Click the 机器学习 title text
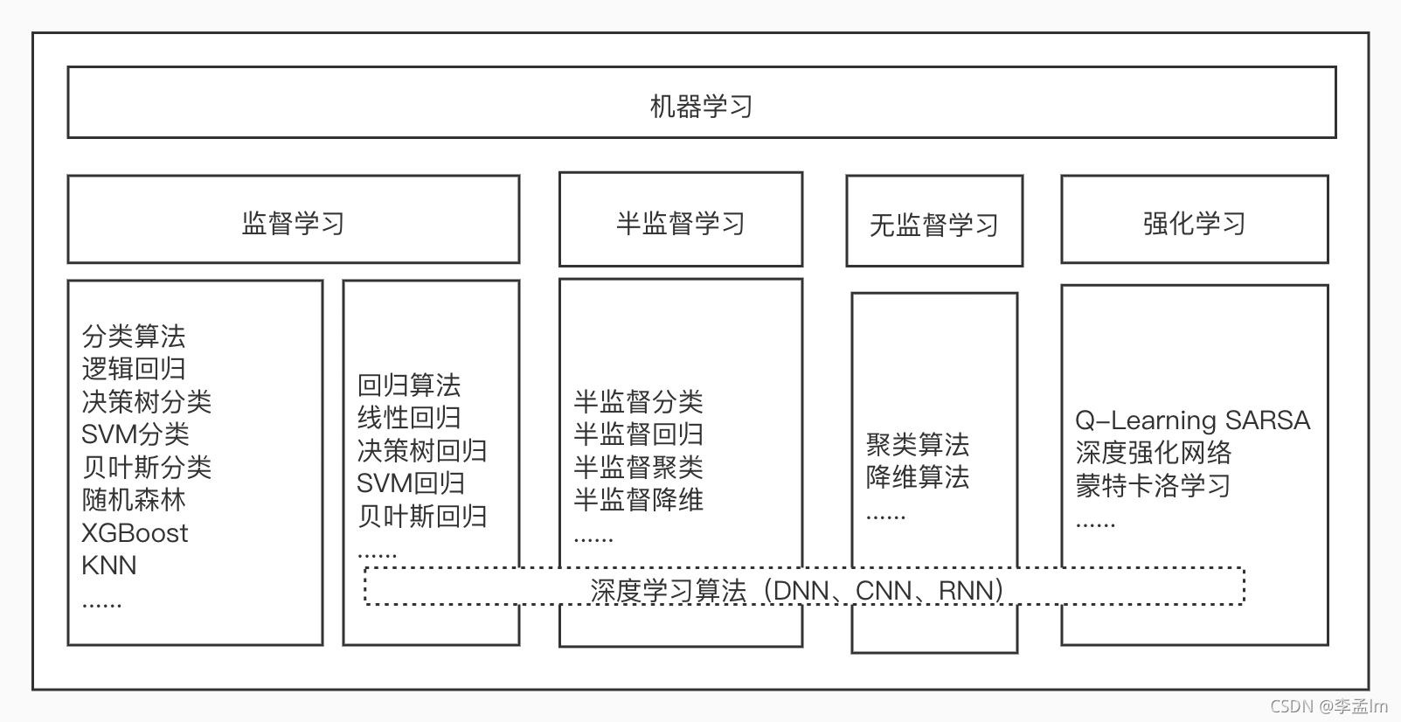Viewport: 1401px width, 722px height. click(701, 107)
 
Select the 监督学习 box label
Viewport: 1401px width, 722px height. click(293, 223)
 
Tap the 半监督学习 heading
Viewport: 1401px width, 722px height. click(680, 223)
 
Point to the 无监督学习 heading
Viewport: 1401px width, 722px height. click(933, 225)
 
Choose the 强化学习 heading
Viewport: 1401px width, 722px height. click(1194, 223)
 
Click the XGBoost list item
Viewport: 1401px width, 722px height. click(135, 532)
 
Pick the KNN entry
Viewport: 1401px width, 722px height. click(109, 566)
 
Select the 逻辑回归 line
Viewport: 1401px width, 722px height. click(133, 369)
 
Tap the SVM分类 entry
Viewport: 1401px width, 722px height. click(135, 434)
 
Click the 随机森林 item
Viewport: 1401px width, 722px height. click(133, 500)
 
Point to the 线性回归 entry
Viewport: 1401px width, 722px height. click(408, 418)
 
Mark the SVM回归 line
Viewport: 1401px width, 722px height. click(410, 483)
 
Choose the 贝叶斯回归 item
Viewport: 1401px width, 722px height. click(421, 516)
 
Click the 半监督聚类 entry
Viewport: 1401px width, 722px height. click(638, 467)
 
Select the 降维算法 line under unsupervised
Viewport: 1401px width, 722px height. click(918, 477)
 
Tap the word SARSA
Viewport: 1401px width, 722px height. click(1267, 420)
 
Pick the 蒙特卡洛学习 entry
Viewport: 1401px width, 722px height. click(1153, 485)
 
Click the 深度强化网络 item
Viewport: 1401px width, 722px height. click(1153, 453)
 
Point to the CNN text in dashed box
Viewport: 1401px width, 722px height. click(884, 590)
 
